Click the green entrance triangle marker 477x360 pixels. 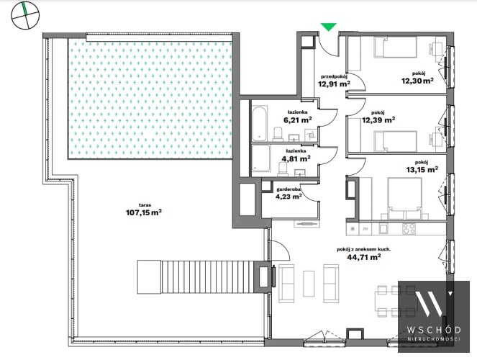tap(329, 27)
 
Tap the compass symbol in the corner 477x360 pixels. tap(25, 15)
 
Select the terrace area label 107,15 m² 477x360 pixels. tap(144, 212)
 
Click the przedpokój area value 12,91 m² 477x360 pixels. tap(334, 83)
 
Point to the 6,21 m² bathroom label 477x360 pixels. tap(298, 120)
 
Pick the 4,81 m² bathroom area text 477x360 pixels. tap(296, 158)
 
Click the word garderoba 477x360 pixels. tap(289, 189)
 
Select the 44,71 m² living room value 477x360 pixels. tap(364, 257)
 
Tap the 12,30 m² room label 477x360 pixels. tap(417, 81)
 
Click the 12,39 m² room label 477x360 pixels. tap(378, 120)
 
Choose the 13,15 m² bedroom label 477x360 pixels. tap(422, 169)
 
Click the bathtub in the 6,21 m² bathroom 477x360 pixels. tap(260, 123)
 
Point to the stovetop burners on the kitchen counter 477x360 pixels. tap(409, 228)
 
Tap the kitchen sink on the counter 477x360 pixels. tap(383, 228)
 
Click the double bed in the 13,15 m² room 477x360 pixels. tap(404, 199)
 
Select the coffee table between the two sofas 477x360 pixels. tap(309, 283)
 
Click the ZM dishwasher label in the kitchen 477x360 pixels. tap(365, 229)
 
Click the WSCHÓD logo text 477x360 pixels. tap(434, 330)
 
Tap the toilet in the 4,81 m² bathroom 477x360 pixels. tap(283, 168)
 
